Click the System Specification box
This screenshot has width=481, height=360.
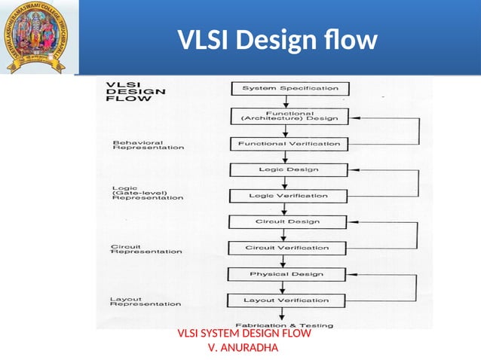coord(290,88)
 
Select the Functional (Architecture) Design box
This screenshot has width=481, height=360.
coord(290,116)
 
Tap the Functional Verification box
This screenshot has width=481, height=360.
coord(289,143)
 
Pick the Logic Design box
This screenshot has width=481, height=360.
coord(289,169)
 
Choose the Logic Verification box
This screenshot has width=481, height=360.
coord(289,196)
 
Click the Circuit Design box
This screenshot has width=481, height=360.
coord(288,221)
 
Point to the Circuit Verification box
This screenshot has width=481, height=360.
coord(288,248)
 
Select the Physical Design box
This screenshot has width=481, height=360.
coord(288,274)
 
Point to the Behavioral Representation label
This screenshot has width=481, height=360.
coord(148,145)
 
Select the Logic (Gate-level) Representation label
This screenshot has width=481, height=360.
coord(147,193)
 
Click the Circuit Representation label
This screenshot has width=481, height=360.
coord(146,249)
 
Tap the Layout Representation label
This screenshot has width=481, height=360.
coord(146,301)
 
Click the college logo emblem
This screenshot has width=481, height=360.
coord(35,38)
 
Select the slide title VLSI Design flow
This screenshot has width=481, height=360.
coord(277,39)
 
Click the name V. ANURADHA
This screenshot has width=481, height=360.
coord(242,347)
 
